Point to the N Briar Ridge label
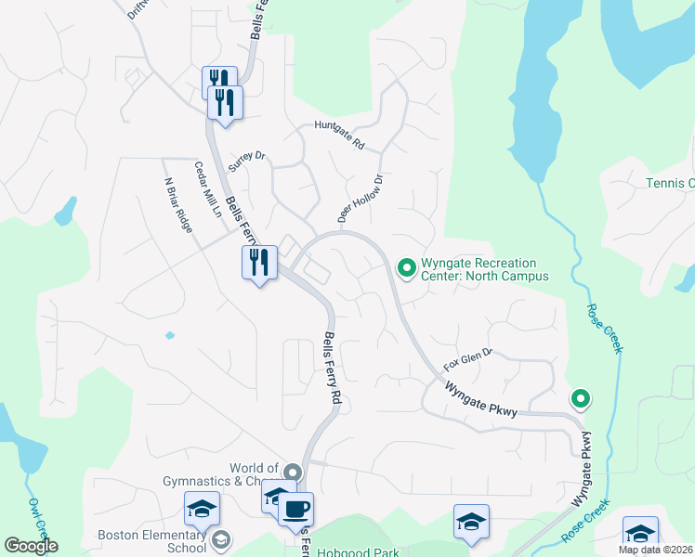point(177,205)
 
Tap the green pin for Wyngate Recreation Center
point(406,268)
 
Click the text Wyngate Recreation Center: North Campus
point(484,269)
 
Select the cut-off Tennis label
point(670,183)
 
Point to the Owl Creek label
point(37,521)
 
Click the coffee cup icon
point(296,509)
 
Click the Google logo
point(31,546)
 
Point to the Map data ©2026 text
point(655,550)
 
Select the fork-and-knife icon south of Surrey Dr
point(259,263)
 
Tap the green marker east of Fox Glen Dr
point(581,399)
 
